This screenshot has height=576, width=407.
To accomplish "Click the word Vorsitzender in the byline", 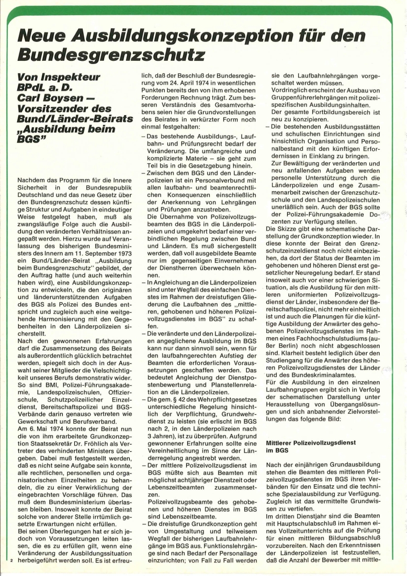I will [55, 108].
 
